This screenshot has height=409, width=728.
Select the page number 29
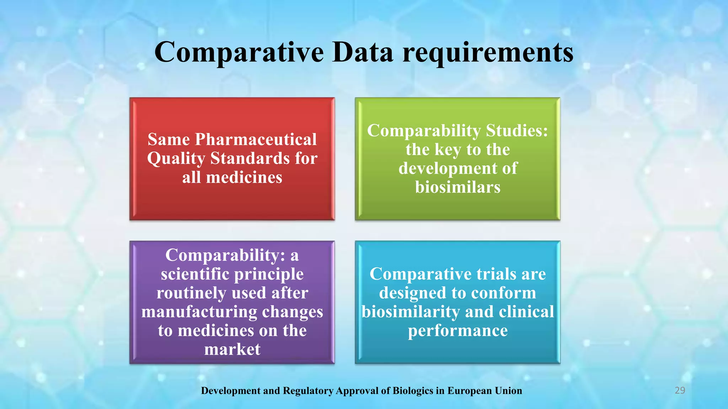click(x=680, y=391)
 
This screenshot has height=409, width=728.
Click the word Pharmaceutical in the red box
click(x=256, y=139)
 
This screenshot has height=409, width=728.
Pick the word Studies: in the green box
click(x=517, y=130)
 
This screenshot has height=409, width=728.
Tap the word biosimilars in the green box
click(x=457, y=187)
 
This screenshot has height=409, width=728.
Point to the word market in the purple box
click(x=232, y=349)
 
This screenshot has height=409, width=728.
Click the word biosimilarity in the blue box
click(x=411, y=312)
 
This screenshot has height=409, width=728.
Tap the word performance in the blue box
click(x=457, y=331)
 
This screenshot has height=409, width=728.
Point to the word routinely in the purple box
click(x=191, y=293)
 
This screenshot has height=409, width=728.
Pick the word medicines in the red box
click(x=244, y=177)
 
